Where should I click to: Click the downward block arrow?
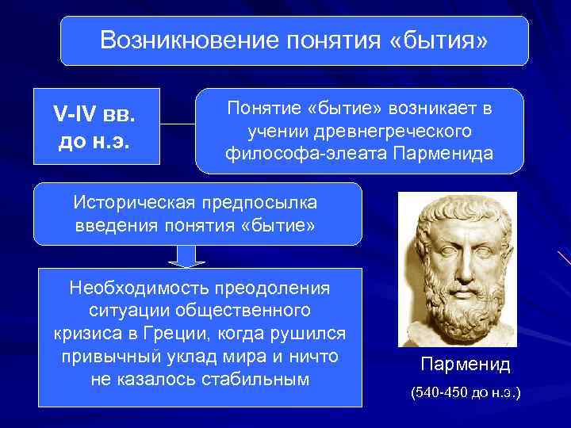pos(184,256)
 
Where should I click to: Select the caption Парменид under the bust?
pos(466,365)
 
